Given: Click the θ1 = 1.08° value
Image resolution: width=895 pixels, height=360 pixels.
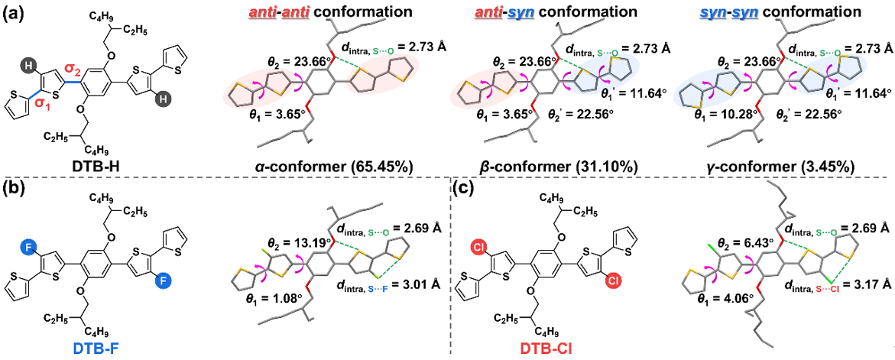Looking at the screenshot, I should pos(266,315).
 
